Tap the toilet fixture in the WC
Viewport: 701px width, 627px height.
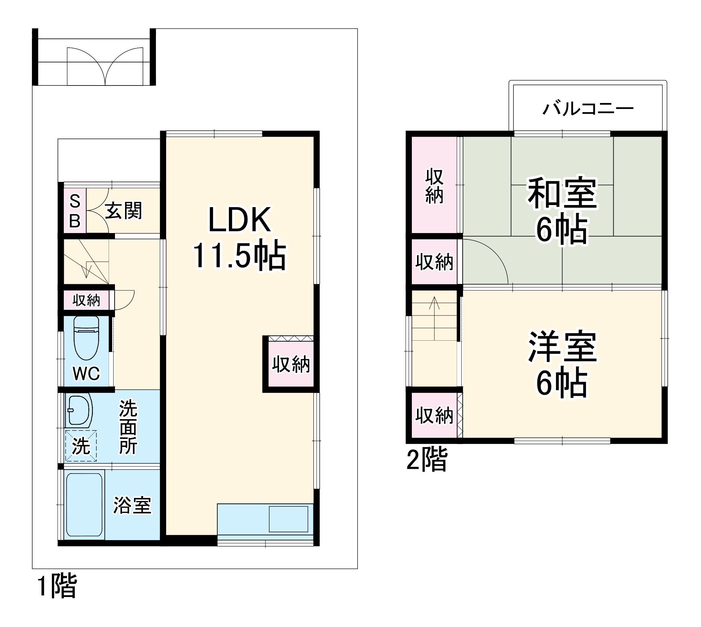(86, 338)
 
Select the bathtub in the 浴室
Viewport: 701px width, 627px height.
(84, 505)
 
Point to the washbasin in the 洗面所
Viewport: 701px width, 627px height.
(79, 410)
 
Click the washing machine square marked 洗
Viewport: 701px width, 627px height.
(81, 446)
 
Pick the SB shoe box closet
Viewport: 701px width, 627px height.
(75, 211)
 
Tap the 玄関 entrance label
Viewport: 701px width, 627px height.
(124, 211)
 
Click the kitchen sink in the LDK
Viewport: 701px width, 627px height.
(288, 519)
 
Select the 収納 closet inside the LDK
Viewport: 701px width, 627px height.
(291, 364)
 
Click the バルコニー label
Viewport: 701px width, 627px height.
(588, 109)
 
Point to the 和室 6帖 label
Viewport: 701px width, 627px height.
(562, 210)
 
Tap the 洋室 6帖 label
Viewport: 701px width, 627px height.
(562, 364)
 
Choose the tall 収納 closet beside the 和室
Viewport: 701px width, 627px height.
(434, 186)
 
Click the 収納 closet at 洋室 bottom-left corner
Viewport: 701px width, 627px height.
(434, 416)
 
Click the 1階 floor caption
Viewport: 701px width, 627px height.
(57, 586)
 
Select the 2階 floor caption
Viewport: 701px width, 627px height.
(427, 459)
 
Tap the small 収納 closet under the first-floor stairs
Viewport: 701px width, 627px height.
(86, 300)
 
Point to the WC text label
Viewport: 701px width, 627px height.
(86, 374)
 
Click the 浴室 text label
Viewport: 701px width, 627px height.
(132, 505)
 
